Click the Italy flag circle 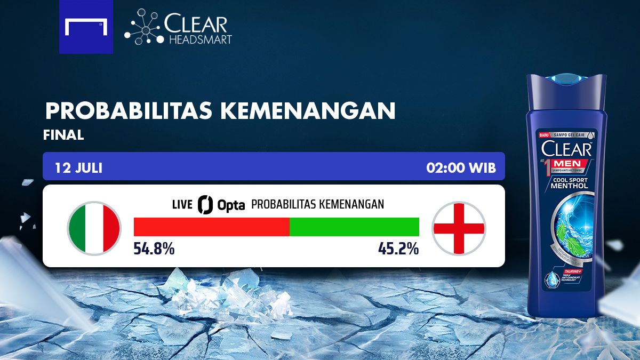[94, 228]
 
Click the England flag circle [459, 228]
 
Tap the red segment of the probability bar [211, 227]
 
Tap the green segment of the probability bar [354, 227]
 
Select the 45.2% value [398, 248]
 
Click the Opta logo [221, 204]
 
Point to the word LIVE [182, 205]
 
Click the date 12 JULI [78, 168]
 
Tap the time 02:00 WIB [461, 168]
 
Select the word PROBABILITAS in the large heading [129, 111]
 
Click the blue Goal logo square [86, 27]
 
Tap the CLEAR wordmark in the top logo [196, 24]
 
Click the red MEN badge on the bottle [572, 163]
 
